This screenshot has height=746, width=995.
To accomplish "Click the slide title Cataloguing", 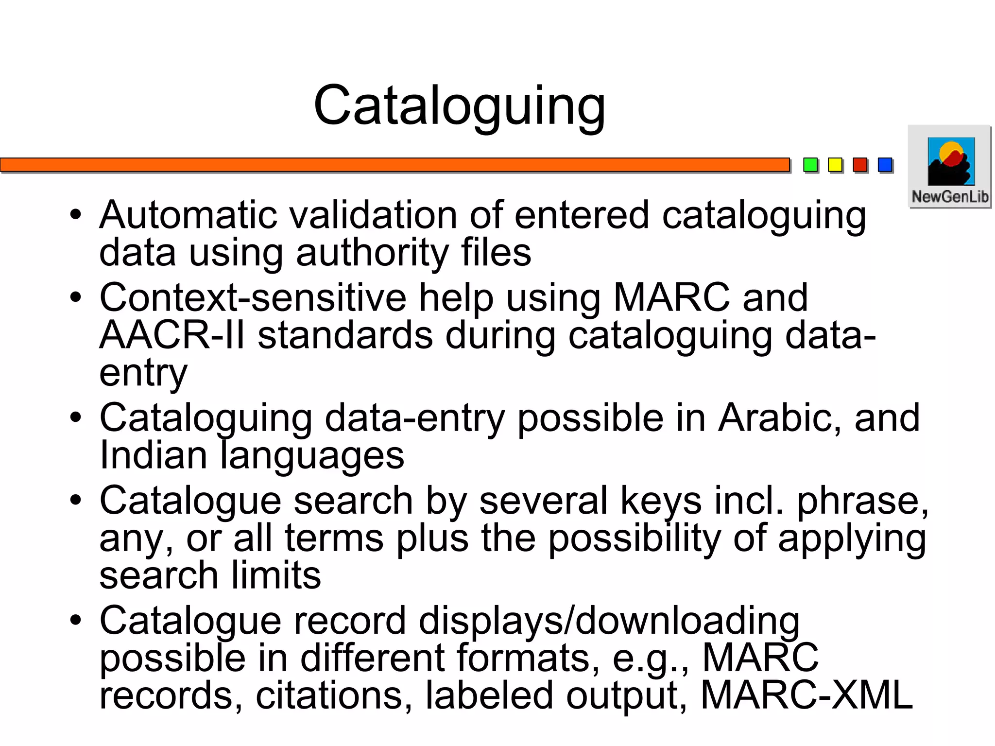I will (459, 106).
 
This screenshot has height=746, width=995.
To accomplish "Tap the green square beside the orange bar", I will (810, 165).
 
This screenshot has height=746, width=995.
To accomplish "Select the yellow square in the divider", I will (835, 165).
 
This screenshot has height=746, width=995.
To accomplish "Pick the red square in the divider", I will (860, 165).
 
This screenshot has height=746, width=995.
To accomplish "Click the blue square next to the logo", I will (885, 165).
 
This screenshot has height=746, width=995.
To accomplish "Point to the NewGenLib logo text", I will (950, 197).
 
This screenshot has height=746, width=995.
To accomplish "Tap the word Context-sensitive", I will (253, 297).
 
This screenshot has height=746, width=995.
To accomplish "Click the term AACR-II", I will (172, 335).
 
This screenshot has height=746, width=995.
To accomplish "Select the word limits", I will (276, 576).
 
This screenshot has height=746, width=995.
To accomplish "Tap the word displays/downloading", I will (609, 621).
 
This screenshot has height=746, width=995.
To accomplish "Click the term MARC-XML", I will (806, 695).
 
